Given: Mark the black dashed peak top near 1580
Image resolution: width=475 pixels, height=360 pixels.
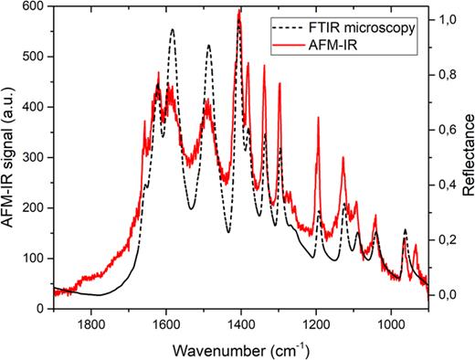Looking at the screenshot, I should (172, 29).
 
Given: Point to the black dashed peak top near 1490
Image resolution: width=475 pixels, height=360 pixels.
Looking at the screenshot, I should (208, 45).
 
